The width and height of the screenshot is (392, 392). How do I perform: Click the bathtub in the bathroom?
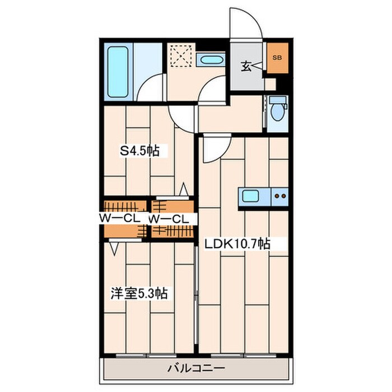coord(118,72)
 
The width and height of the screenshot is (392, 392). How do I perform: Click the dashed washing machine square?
coord(181,56)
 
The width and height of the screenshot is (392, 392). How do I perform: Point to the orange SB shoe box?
coord(278,58)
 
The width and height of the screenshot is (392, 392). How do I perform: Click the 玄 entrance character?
coord(246,66)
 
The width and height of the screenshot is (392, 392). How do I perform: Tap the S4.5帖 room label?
coord(139,151)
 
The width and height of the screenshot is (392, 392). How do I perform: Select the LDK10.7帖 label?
coord(237,244)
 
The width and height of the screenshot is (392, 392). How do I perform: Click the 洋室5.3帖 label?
coord(139,293)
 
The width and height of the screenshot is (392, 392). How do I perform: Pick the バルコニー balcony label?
coord(196,368)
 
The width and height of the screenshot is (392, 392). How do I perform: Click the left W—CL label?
coord(119,219)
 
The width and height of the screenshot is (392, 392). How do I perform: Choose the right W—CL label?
coord(168,220)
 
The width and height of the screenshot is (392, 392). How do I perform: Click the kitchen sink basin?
coord(250,196)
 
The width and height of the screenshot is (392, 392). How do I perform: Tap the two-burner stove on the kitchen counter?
coord(280,197)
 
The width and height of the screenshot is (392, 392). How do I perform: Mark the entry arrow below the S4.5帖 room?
coord(184,189)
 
